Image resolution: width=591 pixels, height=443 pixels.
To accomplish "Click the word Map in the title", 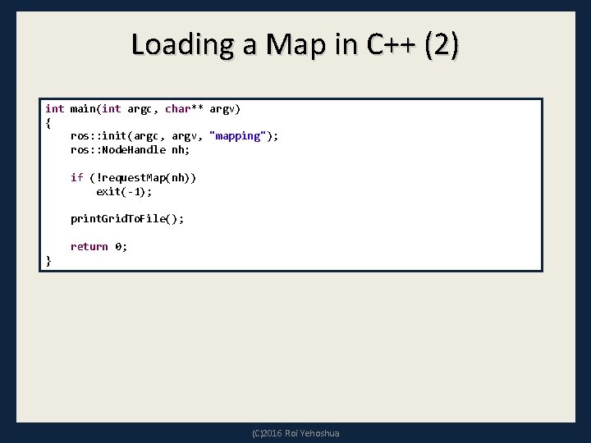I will click(288, 44).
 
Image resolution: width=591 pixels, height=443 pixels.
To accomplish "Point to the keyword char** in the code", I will click(184, 108).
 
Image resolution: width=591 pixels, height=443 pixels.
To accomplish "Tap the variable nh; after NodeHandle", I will click(181, 150).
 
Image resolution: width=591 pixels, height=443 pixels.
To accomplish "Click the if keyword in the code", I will click(76, 177).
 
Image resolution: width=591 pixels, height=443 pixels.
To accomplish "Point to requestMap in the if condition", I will click(127, 177).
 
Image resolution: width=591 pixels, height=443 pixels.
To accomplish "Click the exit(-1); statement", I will click(124, 191).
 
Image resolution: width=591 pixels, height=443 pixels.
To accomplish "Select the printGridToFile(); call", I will click(127, 219).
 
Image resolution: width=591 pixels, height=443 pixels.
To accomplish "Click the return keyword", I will click(89, 246).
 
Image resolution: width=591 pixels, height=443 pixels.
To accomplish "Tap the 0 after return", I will click(118, 246).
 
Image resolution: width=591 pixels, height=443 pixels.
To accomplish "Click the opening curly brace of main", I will click(48, 122).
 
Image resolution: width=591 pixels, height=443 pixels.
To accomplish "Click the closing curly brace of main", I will click(48, 260).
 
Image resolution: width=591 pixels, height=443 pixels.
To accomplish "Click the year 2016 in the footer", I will click(273, 433).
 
